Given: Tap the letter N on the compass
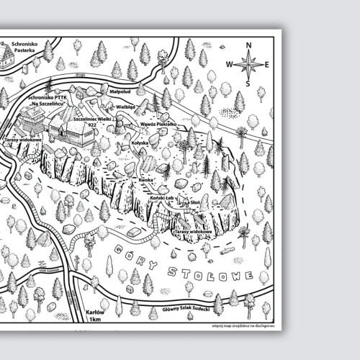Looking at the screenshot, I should pos(249,45).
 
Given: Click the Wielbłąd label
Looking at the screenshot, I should pos(126,107).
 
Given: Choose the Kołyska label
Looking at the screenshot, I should pos(140,143).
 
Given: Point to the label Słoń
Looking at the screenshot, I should pos(193,203).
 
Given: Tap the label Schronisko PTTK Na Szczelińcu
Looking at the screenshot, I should pos(46,101).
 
